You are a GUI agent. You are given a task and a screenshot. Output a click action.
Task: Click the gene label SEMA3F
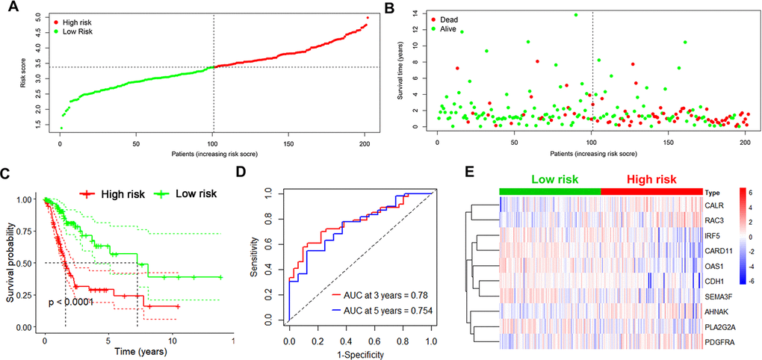coord(719,296)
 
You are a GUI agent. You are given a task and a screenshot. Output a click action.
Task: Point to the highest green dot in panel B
coord(575,15)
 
